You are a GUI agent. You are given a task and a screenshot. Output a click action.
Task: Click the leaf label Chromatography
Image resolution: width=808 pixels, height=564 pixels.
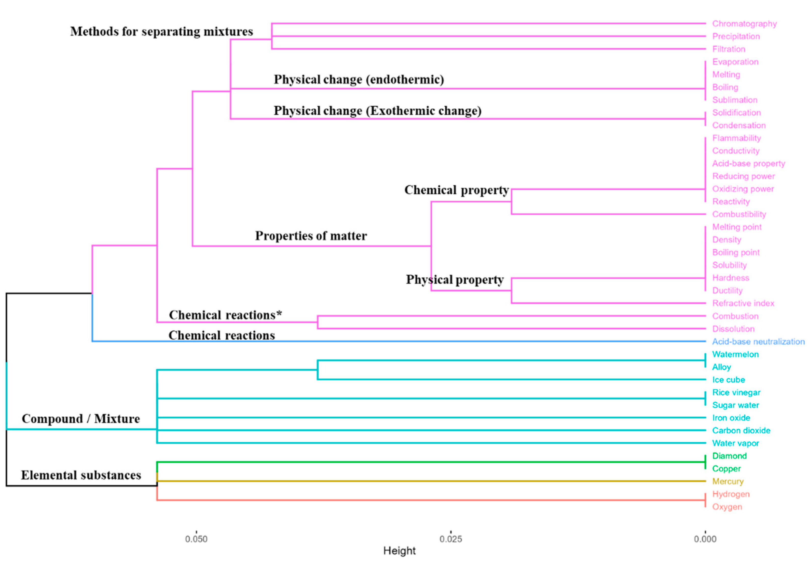[744, 24]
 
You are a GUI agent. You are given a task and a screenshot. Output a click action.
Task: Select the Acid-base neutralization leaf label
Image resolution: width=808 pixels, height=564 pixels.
[758, 341]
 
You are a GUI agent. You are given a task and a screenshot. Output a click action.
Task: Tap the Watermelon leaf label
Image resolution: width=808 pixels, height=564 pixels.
[735, 354]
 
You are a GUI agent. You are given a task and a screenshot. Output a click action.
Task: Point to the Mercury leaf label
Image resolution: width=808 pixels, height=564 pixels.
[728, 481]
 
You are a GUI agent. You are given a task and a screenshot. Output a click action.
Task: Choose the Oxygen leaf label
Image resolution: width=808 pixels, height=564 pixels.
[727, 507]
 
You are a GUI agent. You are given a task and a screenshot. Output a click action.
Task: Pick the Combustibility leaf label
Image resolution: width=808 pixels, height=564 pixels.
[739, 214]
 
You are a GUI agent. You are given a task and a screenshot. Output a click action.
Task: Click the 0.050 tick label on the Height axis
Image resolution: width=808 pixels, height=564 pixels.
[196, 539]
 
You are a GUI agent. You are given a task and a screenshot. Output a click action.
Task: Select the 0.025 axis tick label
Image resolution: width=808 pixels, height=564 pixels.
[451, 539]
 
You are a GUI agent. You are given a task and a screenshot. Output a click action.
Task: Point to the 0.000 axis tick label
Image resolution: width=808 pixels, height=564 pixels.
[705, 539]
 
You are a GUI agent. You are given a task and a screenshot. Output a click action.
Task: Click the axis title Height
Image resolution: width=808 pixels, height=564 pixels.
[400, 550]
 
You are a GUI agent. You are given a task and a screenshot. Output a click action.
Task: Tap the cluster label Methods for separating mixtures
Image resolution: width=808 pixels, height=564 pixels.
[161, 31]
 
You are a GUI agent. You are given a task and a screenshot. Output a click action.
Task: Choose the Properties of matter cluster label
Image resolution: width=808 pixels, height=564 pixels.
[311, 236]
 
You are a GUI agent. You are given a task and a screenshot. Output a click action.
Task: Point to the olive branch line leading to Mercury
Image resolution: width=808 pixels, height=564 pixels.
[422, 481]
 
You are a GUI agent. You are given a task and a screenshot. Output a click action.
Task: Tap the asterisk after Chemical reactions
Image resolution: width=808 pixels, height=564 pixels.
[279, 313]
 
